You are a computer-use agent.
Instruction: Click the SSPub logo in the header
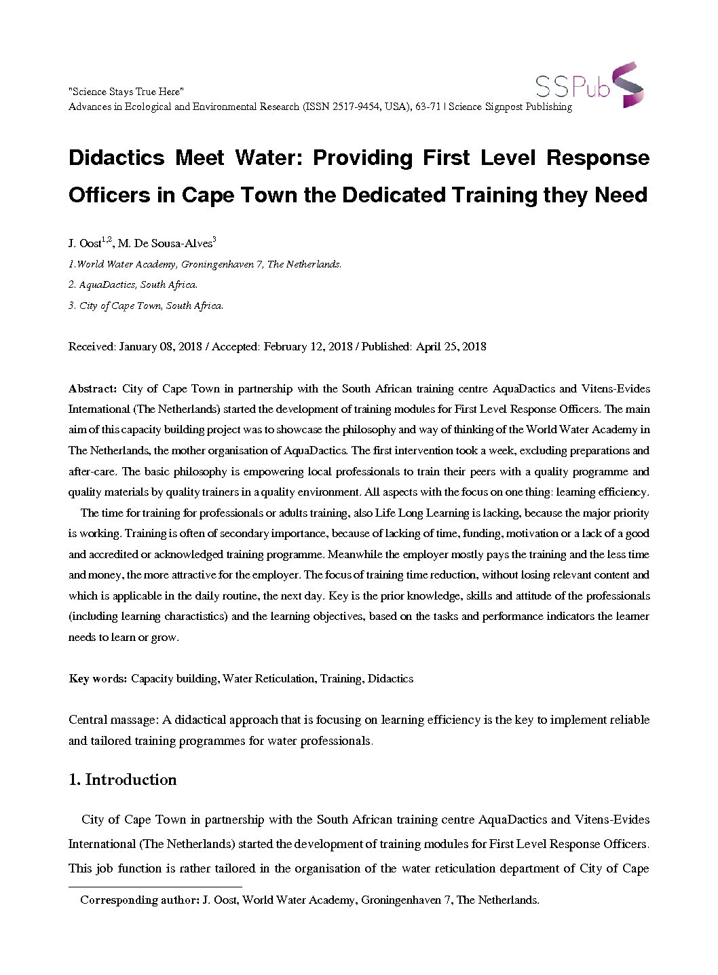click(589, 86)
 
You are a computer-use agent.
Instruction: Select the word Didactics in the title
click(117, 158)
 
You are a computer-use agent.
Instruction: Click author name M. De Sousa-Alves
click(165, 243)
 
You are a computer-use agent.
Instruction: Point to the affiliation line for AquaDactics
click(133, 284)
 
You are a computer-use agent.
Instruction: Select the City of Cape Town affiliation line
click(146, 306)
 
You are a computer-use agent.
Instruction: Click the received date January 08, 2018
click(160, 346)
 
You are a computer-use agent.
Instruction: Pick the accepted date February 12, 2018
click(308, 346)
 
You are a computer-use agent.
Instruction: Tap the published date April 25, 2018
click(451, 346)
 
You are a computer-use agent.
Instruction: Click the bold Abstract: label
click(93, 388)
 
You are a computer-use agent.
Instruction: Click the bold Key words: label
click(98, 678)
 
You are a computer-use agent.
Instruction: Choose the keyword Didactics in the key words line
click(390, 678)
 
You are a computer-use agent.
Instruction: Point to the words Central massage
click(113, 720)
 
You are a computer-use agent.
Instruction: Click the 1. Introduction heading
click(123, 779)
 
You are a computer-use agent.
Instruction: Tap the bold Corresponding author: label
click(139, 900)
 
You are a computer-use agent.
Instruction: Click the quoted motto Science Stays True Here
click(126, 92)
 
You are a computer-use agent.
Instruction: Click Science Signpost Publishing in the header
click(510, 107)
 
